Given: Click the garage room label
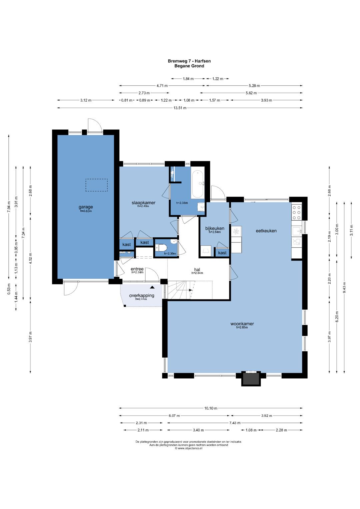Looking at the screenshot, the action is [86, 207].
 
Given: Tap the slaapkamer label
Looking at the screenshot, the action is [143, 203].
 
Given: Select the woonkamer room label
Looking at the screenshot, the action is [242, 324].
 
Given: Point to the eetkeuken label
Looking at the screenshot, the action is [266, 231].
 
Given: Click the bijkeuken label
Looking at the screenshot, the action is [215, 228].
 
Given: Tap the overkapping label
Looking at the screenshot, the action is [142, 296].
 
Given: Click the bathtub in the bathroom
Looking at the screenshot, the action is [197, 185].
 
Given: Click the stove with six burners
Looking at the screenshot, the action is [297, 212].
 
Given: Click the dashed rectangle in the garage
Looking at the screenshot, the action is [97, 185].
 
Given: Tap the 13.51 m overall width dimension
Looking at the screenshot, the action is [180, 108].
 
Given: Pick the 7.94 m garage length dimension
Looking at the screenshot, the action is [9, 207].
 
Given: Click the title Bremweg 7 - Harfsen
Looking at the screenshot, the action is [189, 61].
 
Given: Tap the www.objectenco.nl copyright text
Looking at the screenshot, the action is [189, 448].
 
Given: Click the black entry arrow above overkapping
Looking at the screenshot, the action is [152, 287].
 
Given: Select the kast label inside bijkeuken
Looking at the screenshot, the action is [222, 253].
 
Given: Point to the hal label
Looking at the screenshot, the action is [197, 269].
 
